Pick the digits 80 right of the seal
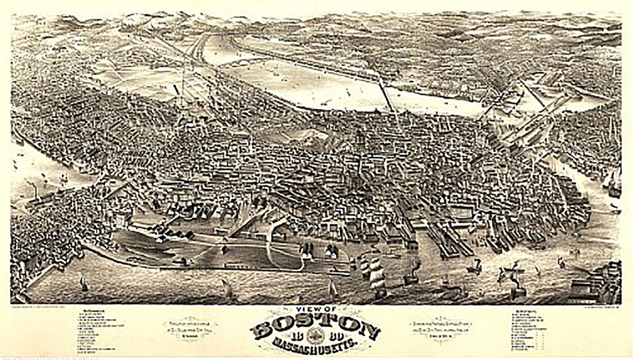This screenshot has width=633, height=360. point(331,335)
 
